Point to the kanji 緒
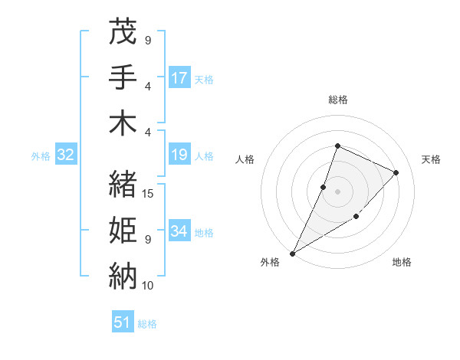click(123, 183)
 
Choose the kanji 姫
click(123, 229)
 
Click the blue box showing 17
click(179, 78)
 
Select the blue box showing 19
click(179, 155)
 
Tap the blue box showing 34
click(179, 231)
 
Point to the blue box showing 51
click(123, 322)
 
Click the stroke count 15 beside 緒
click(148, 194)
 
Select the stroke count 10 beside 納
click(148, 286)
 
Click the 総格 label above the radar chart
click(337, 100)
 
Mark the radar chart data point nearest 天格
click(396, 172)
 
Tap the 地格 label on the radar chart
click(402, 262)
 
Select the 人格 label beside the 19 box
click(204, 156)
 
